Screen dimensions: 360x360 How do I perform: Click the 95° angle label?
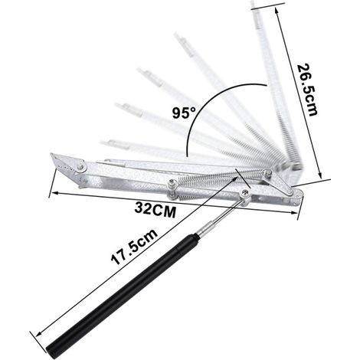coord(184,113)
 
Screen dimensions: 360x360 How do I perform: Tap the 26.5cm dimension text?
coord(307,90)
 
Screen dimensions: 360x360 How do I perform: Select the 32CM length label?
coord(155,210)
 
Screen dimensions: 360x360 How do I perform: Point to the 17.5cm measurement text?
coord(134,247)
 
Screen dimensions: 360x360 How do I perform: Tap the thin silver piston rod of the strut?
coord(224,216)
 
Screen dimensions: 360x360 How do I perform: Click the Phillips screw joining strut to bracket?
coord(245,193)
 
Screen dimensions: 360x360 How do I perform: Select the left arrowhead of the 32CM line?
coord(54,193)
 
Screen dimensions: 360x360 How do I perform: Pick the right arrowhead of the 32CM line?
coord(293,212)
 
